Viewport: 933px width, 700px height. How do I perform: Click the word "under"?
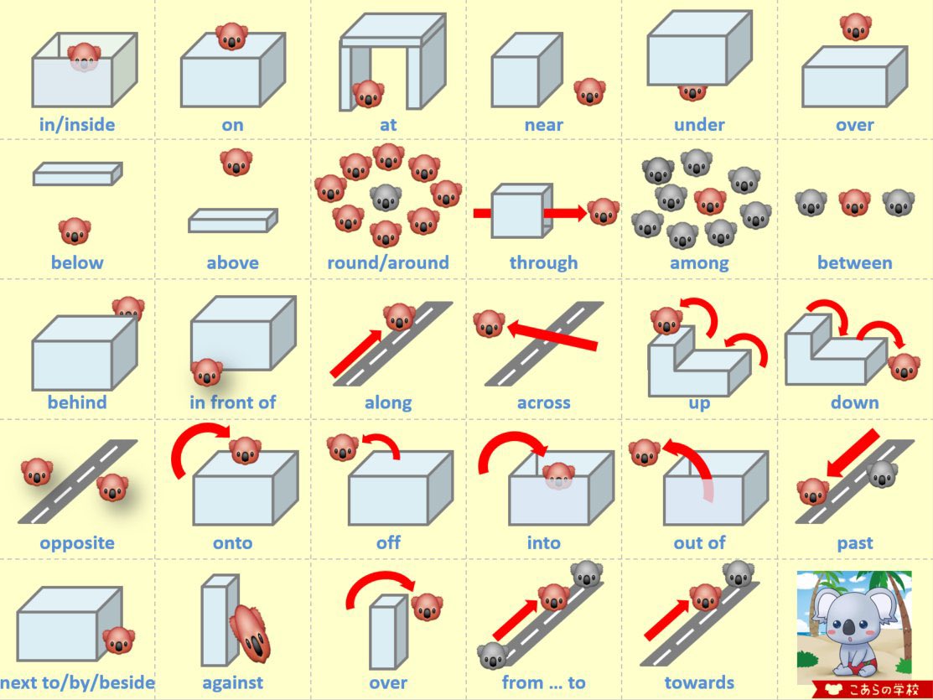pyautogui.click(x=699, y=125)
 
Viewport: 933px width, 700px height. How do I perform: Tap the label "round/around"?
pyautogui.click(x=388, y=262)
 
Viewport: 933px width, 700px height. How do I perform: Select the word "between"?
pyautogui.click(x=854, y=262)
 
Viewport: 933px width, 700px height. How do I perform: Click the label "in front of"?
pyautogui.click(x=232, y=402)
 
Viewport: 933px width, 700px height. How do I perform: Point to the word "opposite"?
pyautogui.click(x=77, y=542)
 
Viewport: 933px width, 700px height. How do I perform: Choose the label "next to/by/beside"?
pyautogui.click(x=77, y=682)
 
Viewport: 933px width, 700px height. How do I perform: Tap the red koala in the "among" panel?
pyautogui.click(x=710, y=201)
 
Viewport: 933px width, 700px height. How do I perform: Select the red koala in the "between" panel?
pyautogui.click(x=855, y=202)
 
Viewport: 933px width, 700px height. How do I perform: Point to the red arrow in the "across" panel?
pyautogui.click(x=553, y=334)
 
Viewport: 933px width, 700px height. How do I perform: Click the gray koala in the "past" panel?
pyautogui.click(x=882, y=474)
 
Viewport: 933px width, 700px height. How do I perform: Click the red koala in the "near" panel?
pyautogui.click(x=589, y=91)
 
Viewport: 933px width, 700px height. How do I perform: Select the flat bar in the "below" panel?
pyautogui.click(x=77, y=174)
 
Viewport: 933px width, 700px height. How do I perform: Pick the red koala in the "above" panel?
pyautogui.click(x=236, y=161)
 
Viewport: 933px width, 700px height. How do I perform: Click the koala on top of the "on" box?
pyautogui.click(x=231, y=36)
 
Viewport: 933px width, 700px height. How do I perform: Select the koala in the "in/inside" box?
pyautogui.click(x=84, y=57)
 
